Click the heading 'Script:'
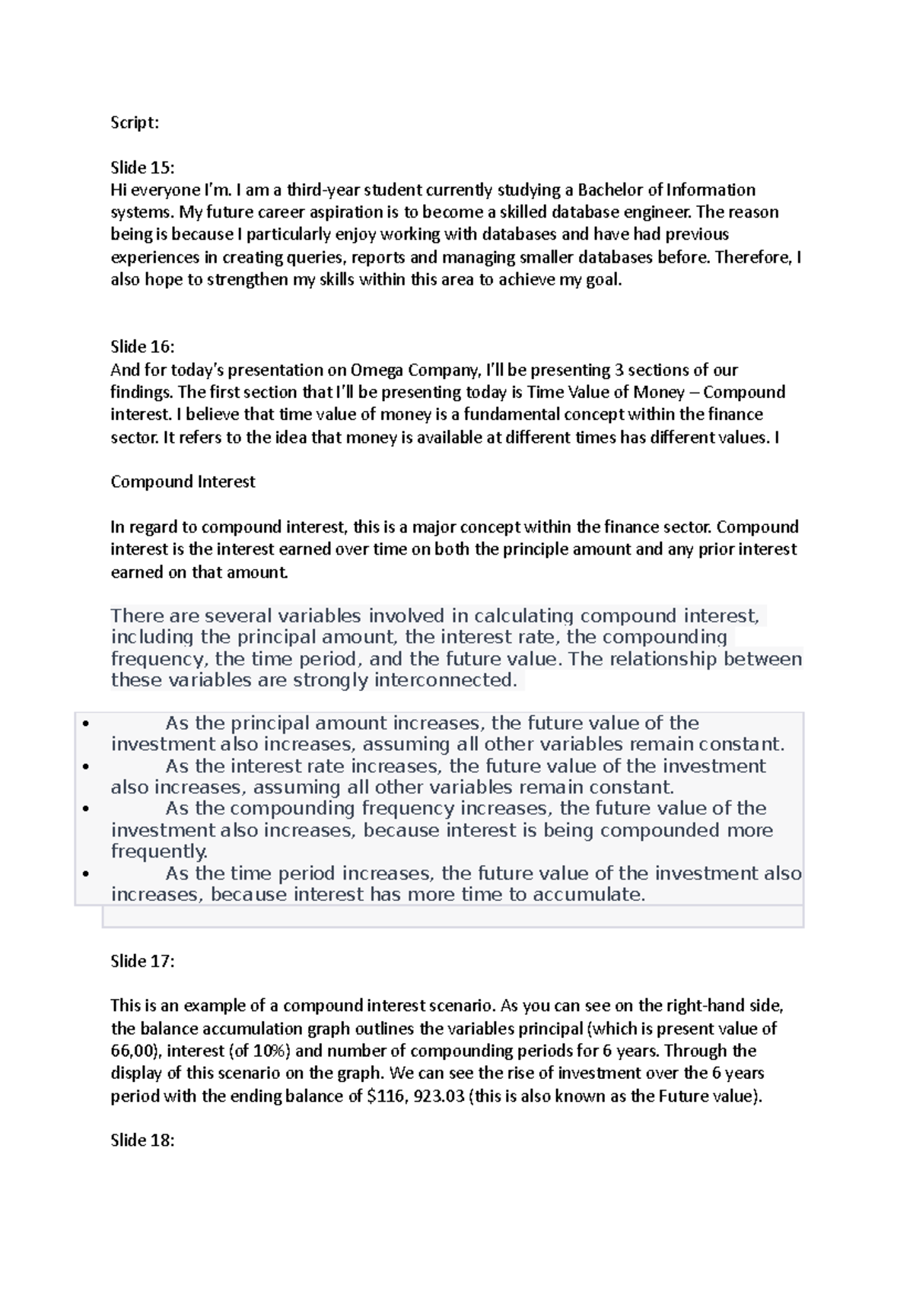tap(135, 123)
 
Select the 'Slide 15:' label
tap(142, 168)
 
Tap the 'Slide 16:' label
tap(142, 347)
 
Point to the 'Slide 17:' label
tap(142, 961)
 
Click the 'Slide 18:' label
tap(142, 1140)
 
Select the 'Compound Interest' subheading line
tap(183, 482)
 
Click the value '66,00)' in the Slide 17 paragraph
tap(135, 1052)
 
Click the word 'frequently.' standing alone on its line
tap(159, 851)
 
